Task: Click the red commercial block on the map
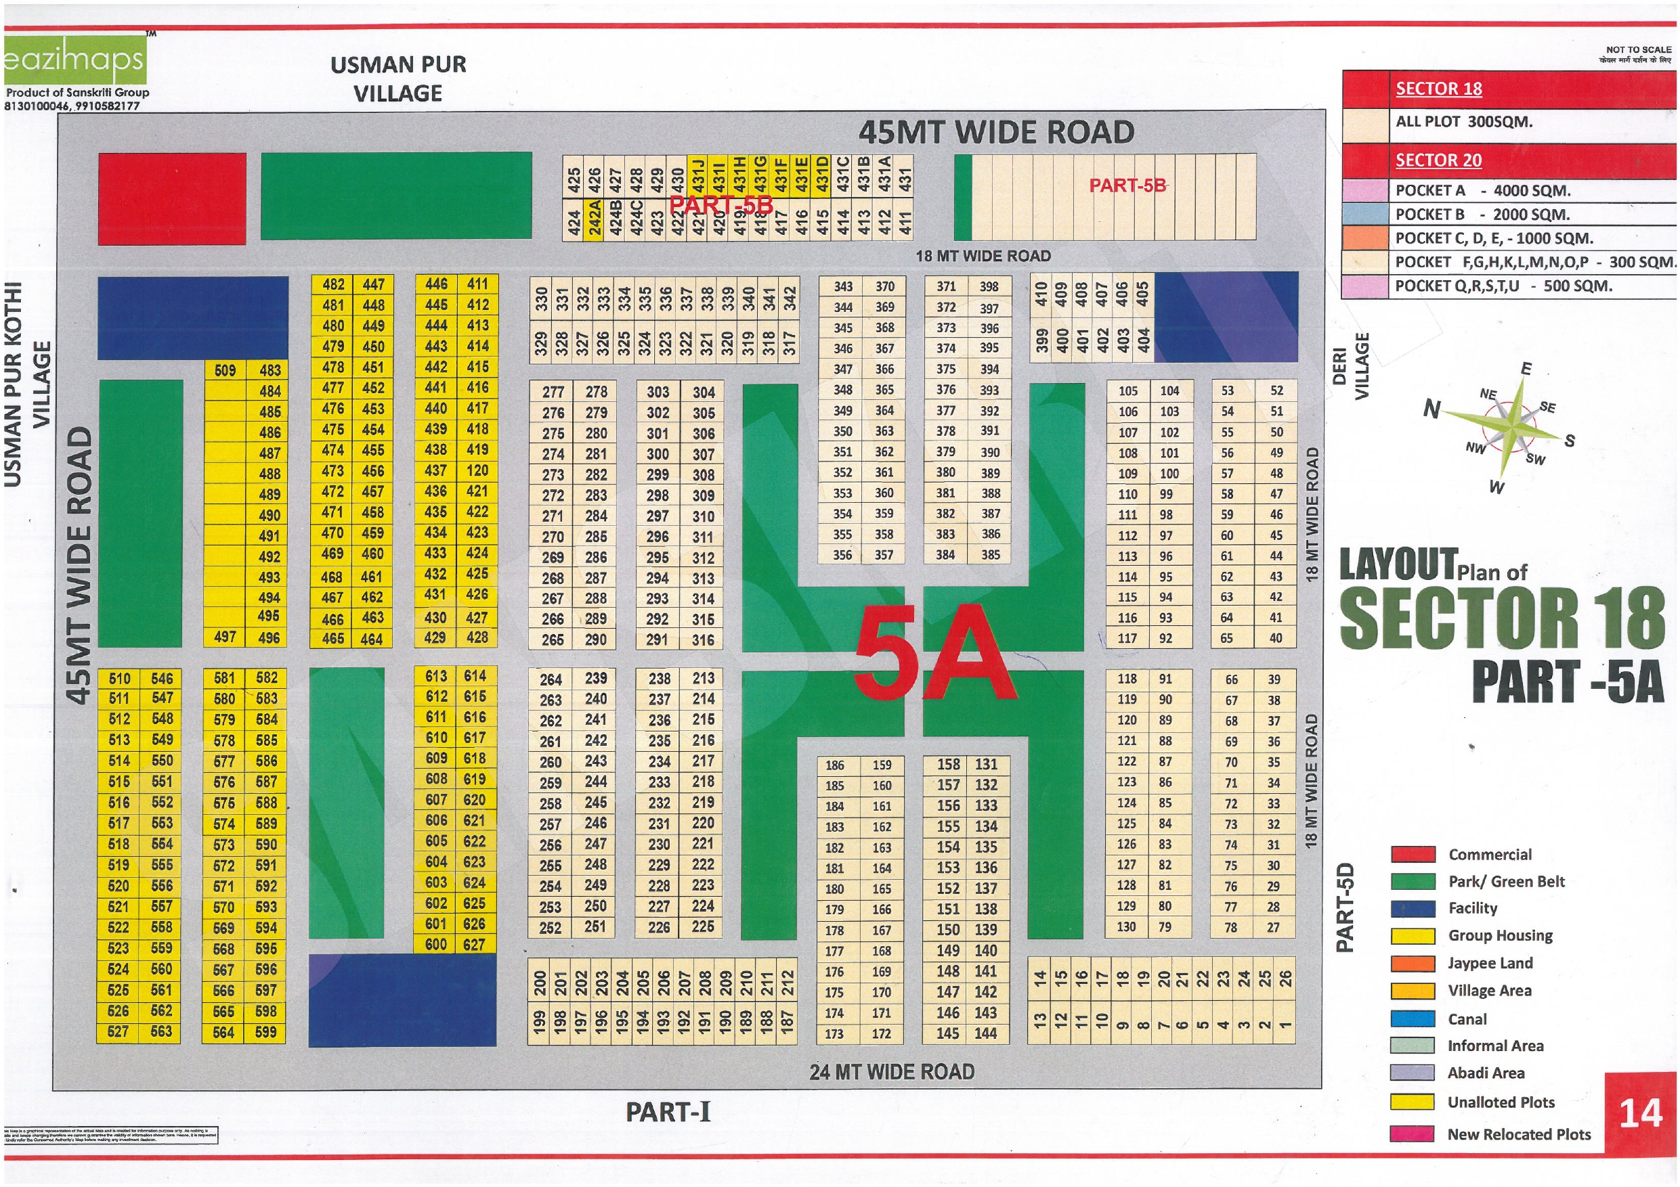click(172, 198)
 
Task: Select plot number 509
click(225, 371)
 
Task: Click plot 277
click(553, 392)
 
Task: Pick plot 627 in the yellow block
click(474, 944)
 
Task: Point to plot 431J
click(698, 175)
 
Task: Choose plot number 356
click(842, 555)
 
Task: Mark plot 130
click(1126, 926)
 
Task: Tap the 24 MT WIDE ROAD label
click(891, 1072)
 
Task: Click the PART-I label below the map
click(667, 1113)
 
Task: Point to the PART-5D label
click(1345, 908)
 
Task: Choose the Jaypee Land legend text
click(1490, 963)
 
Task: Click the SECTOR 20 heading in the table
click(1438, 160)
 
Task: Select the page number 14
click(1640, 1114)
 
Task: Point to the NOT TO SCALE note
click(1638, 49)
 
